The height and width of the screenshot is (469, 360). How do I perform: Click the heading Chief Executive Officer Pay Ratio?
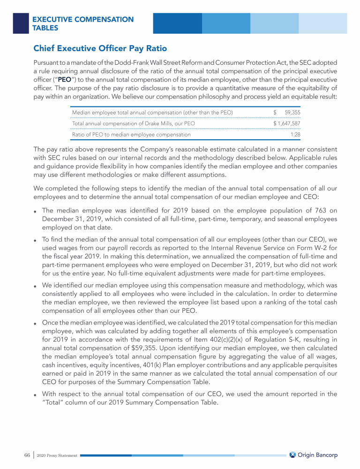[x=100, y=48]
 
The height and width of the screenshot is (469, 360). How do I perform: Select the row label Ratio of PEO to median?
[x=131, y=135]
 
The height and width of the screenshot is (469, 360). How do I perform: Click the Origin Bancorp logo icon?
[x=292, y=454]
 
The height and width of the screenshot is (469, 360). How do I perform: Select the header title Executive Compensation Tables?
[x=82, y=23]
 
